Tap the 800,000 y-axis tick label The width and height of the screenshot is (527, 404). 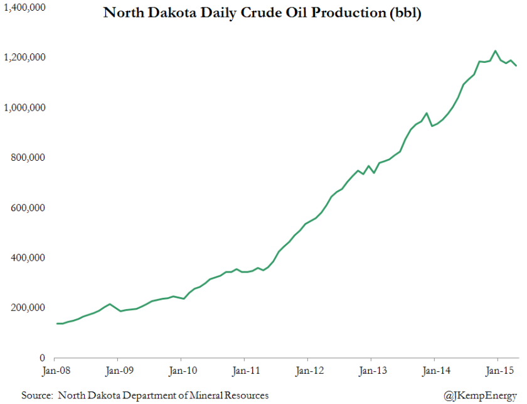[x=29, y=158]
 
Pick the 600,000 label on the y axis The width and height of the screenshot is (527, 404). [x=29, y=208]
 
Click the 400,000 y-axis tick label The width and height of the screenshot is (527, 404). [x=29, y=258]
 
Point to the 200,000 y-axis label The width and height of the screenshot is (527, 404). [x=29, y=308]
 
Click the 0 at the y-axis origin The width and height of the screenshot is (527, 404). [x=42, y=358]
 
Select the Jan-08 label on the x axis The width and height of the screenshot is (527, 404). [x=56, y=370]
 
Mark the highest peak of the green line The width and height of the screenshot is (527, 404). [x=495, y=51]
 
